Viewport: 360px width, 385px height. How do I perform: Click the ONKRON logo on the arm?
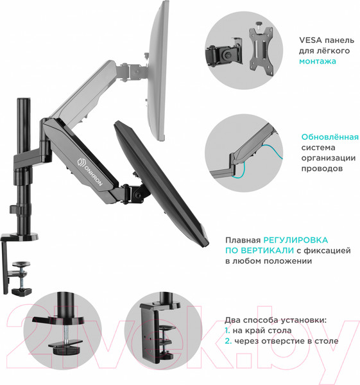click(90, 173)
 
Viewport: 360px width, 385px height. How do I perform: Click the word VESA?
click(311, 40)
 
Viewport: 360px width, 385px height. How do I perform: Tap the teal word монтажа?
click(318, 61)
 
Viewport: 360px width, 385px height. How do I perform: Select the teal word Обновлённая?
click(330, 137)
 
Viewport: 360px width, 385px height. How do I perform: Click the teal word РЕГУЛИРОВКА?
click(296, 240)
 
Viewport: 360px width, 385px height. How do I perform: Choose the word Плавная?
click(243, 240)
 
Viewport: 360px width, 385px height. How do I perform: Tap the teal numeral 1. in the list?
click(227, 330)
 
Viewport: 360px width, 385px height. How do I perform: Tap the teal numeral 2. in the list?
click(228, 341)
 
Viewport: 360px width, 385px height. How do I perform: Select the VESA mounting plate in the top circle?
click(261, 49)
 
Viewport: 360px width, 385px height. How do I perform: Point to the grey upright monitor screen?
click(159, 71)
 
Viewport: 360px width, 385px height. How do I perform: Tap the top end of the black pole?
click(24, 99)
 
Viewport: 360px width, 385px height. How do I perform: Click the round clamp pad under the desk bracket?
click(21, 264)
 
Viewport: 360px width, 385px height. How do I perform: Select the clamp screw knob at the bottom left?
click(22, 292)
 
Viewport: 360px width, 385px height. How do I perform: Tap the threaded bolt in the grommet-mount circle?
click(66, 332)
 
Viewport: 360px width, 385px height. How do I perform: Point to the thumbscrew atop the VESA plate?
click(259, 24)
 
